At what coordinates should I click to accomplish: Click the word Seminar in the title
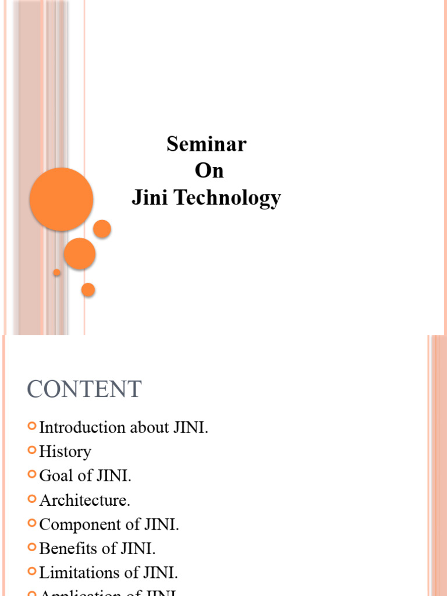pyautogui.click(x=207, y=144)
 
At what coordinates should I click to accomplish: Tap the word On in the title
pyautogui.click(x=209, y=171)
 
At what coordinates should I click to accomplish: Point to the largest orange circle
pyautogui.click(x=61, y=199)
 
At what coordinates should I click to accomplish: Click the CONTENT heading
pyautogui.click(x=84, y=389)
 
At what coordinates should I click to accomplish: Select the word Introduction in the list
pyautogui.click(x=83, y=428)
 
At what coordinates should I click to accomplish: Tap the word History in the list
pyautogui.click(x=65, y=452)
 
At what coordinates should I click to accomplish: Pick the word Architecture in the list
pyautogui.click(x=84, y=500)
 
